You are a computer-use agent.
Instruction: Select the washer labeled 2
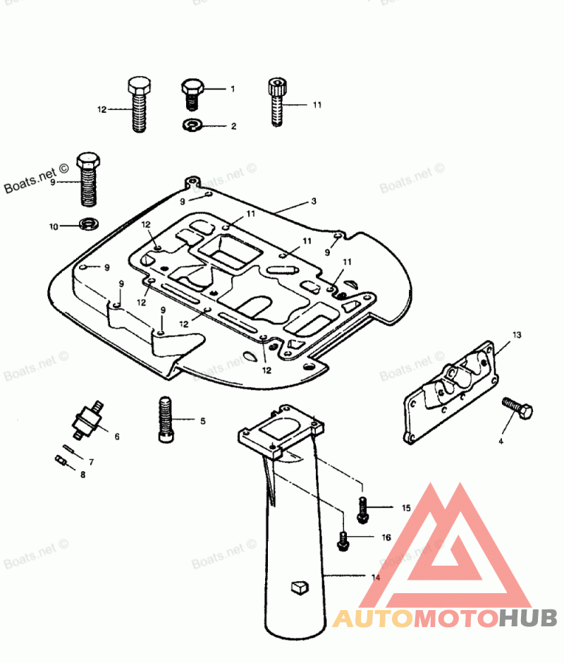click(x=190, y=126)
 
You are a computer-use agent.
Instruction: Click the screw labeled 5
click(x=164, y=420)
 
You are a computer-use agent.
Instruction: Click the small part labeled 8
click(x=61, y=461)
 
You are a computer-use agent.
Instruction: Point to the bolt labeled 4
click(x=517, y=409)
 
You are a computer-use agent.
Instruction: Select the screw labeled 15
click(x=362, y=509)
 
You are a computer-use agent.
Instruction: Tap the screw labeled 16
click(x=343, y=539)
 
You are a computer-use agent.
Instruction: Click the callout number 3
click(x=314, y=201)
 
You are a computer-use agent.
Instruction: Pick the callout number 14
click(x=376, y=577)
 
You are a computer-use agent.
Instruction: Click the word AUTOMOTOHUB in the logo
click(x=445, y=618)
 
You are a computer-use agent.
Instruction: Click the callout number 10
click(x=53, y=226)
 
